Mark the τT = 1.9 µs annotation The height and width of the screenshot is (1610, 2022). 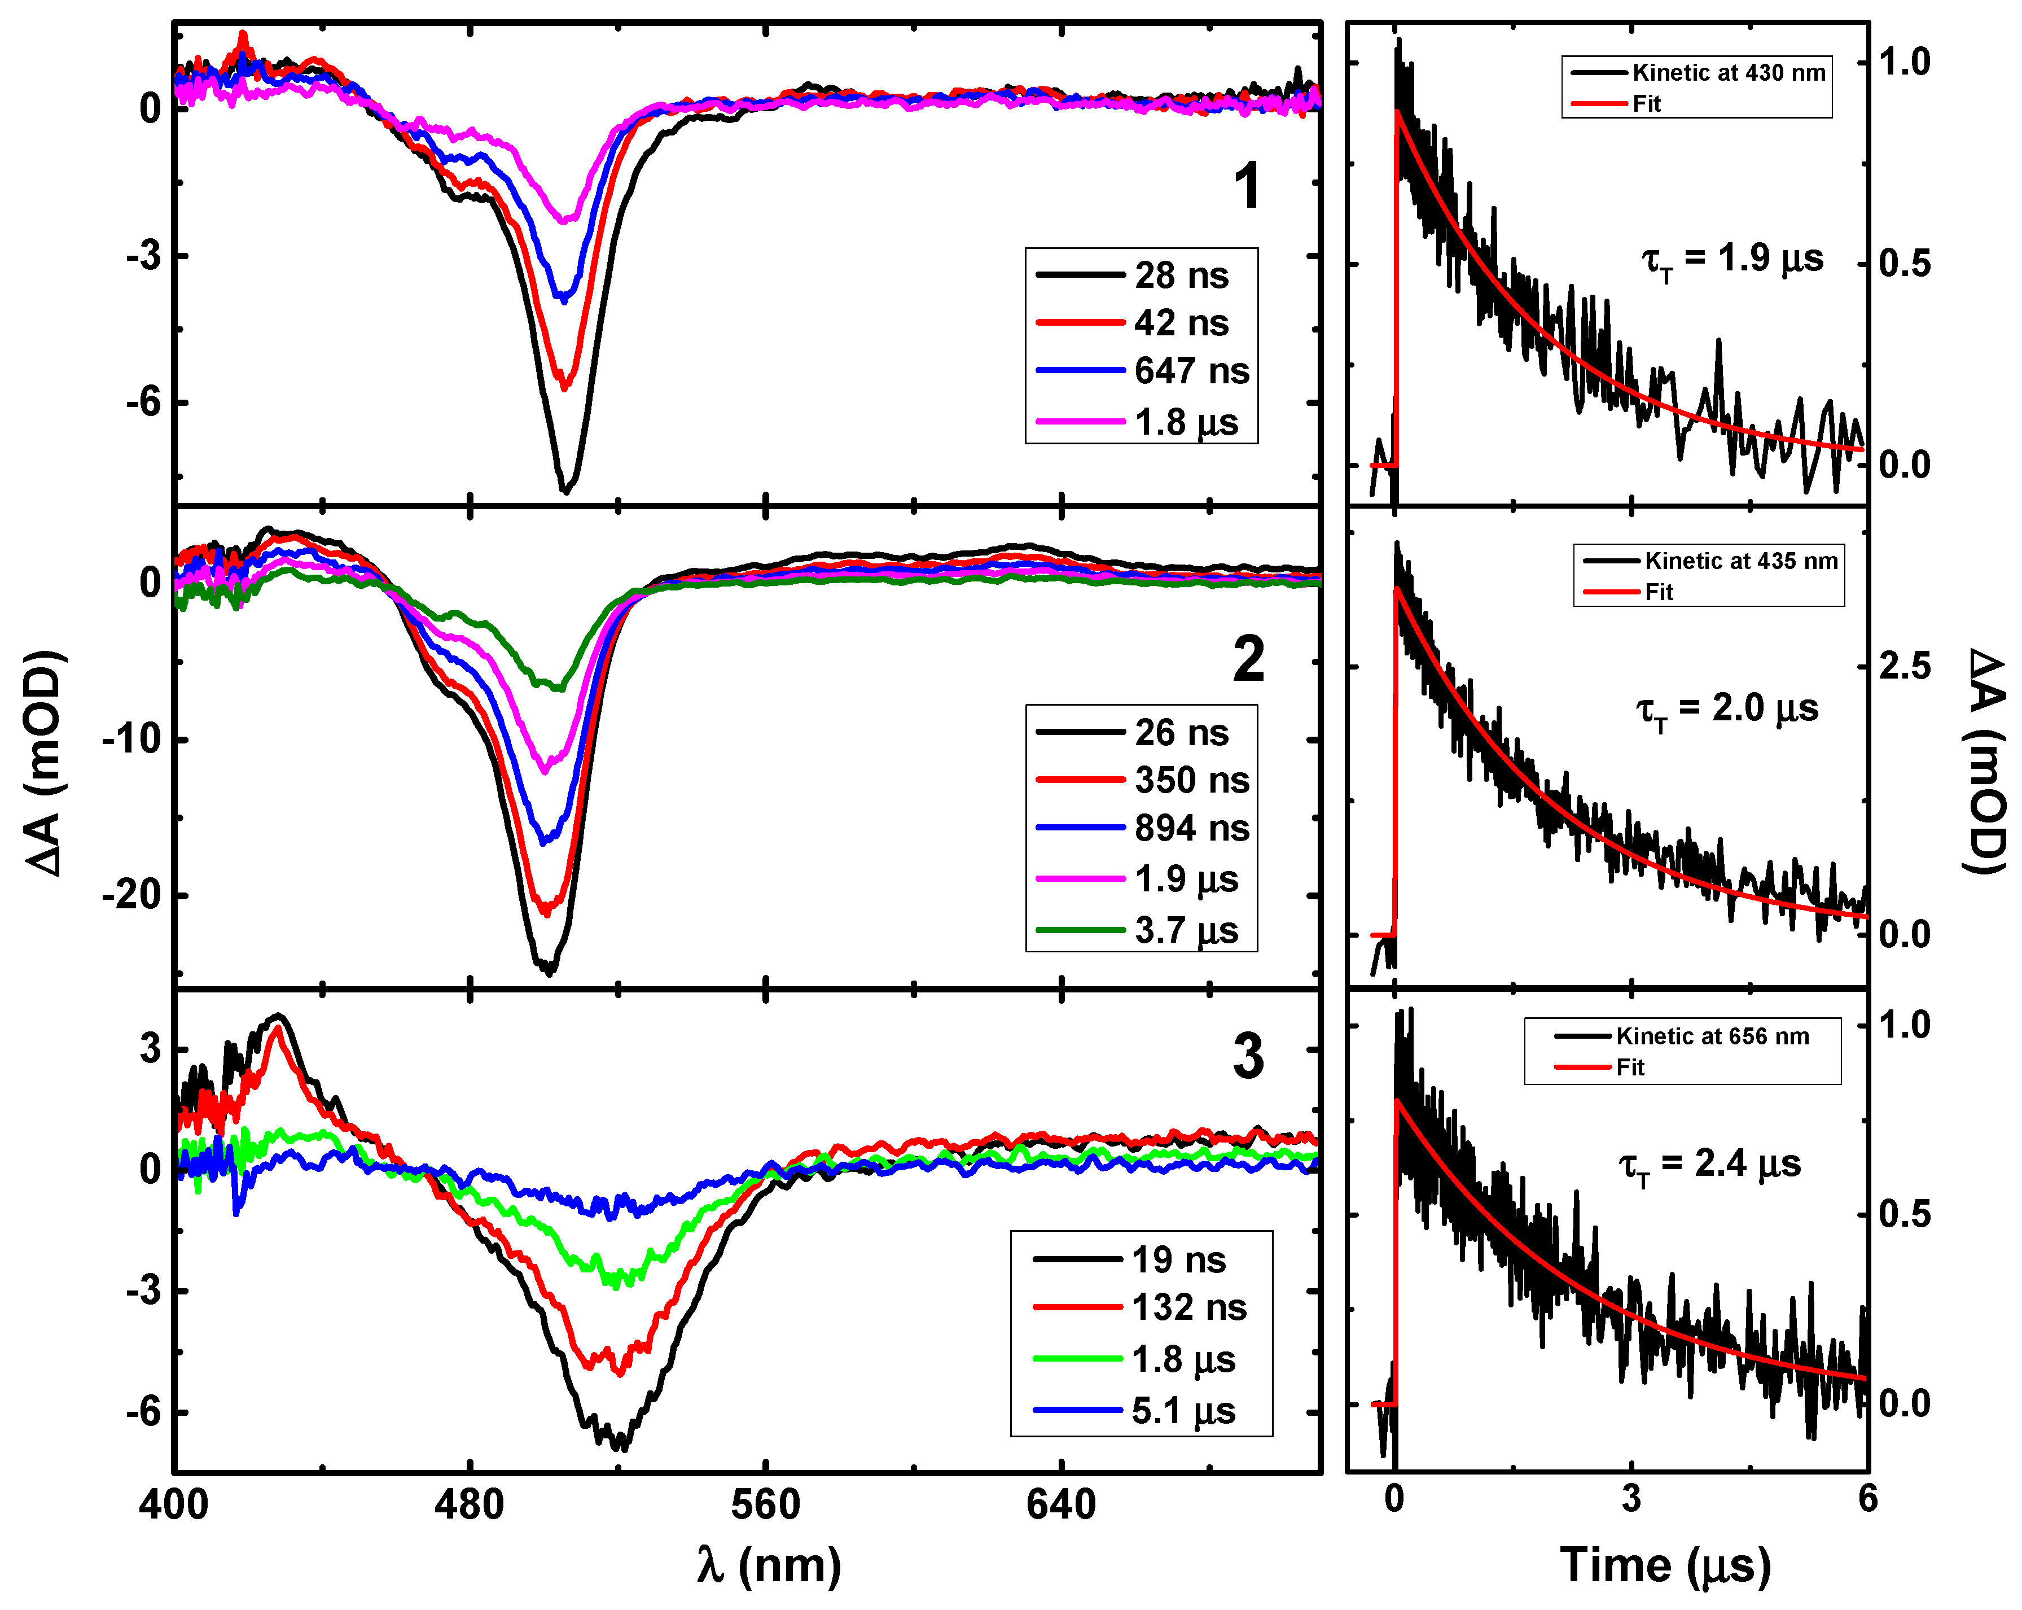coord(1731,260)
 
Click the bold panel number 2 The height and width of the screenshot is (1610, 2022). coord(1248,659)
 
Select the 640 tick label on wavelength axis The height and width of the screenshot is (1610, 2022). coord(1061,1506)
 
